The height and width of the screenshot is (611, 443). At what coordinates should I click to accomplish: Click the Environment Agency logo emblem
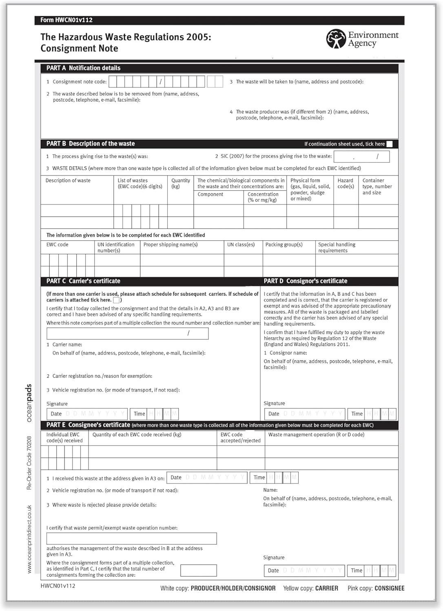336,39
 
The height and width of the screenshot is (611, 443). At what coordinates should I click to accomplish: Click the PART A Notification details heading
83,68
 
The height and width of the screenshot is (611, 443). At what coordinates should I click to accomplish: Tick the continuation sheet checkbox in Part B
390,144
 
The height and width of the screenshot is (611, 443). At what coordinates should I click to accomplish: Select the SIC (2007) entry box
361,156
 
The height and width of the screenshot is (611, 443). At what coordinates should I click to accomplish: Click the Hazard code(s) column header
346,183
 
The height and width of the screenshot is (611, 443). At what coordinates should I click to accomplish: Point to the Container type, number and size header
377,187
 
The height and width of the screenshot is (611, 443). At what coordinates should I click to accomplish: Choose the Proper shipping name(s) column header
171,244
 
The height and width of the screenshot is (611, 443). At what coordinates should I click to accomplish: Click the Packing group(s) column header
284,244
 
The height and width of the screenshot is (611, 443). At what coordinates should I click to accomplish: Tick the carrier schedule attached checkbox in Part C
116,300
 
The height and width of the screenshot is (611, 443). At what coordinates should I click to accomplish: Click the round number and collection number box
127,333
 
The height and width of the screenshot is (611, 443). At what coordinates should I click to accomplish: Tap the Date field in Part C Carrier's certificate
87,414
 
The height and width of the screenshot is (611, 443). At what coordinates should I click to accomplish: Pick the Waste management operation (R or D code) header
316,435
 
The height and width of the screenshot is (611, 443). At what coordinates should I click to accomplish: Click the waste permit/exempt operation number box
131,538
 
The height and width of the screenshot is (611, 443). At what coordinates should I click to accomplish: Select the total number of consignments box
198,570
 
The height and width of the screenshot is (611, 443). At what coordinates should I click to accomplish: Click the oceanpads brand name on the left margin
29,402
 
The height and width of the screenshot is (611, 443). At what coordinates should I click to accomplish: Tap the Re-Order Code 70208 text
29,463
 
